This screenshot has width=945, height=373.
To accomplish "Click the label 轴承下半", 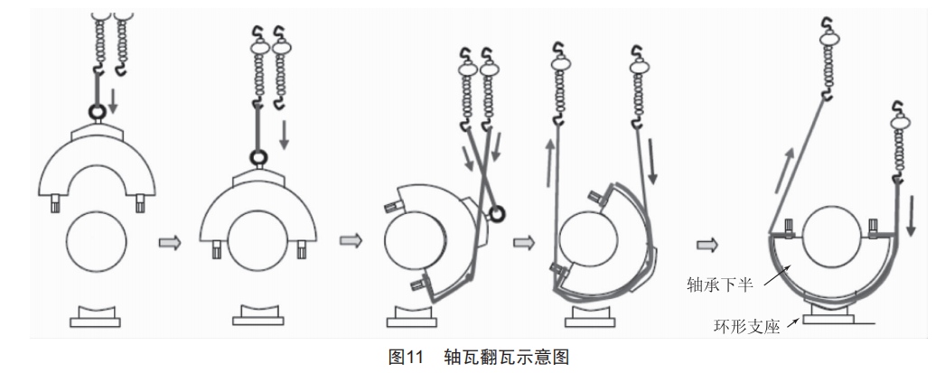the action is point(720,284).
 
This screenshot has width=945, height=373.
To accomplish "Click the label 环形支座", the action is point(747,327).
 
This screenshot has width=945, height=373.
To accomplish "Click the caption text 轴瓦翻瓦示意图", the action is point(506,358).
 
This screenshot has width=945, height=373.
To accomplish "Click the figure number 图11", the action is point(407,358).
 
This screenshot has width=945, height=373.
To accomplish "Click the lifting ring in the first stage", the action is point(97,111).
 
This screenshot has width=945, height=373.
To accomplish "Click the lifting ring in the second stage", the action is point(258,158).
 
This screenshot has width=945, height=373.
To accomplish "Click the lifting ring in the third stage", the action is point(497,213).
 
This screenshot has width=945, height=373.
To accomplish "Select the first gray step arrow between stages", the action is point(170,243).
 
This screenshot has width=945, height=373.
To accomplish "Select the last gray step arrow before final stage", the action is point(707,245).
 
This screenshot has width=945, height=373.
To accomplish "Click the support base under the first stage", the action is point(95,317).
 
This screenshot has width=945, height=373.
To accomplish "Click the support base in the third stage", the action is point(412,317).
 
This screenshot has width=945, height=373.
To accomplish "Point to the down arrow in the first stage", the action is point(113,101).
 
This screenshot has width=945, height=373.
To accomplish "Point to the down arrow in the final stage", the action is point(911,215).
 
